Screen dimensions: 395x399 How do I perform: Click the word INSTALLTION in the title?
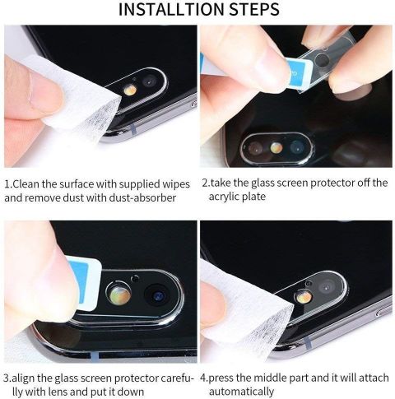tap(171, 9)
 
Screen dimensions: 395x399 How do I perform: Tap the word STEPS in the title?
tap(254, 9)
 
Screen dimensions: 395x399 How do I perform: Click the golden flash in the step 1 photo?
tap(130, 90)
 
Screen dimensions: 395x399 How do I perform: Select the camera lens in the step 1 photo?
tap(149, 81)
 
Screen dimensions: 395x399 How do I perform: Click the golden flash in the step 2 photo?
tap(276, 147)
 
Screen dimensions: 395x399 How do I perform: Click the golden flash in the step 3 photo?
tap(119, 295)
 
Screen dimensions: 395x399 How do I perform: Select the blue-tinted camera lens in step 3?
tap(159, 296)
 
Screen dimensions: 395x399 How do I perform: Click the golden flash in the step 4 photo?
tap(304, 297)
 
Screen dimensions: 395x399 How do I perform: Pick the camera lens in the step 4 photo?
tap(327, 288)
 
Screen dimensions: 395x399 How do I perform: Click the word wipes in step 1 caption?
tap(176, 184)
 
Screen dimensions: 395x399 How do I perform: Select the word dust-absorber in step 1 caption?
tap(142, 197)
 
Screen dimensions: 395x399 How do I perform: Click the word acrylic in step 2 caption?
tap(223, 197)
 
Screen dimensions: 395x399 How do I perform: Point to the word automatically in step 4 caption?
tap(241, 392)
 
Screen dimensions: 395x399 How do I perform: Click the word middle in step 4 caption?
tap(266, 378)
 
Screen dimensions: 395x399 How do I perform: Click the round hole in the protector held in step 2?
tap(322, 59)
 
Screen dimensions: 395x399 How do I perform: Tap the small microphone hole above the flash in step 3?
tap(134, 279)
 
